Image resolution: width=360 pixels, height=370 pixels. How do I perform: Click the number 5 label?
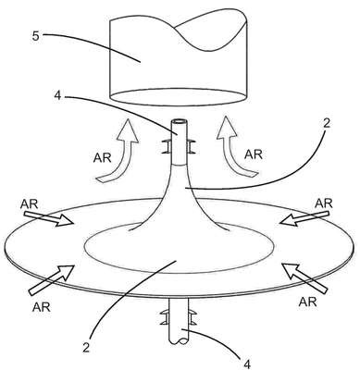(x=36, y=36)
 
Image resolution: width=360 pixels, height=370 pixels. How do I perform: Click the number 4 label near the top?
(x=58, y=96)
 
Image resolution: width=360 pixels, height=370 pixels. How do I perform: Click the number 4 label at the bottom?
(x=247, y=364)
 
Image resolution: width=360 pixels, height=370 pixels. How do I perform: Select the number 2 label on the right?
(x=327, y=123)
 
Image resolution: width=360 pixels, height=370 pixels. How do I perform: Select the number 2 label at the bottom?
(x=86, y=348)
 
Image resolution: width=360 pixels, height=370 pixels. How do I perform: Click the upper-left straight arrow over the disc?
(x=48, y=219)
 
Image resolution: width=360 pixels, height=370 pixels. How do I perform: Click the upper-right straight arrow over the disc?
(x=304, y=219)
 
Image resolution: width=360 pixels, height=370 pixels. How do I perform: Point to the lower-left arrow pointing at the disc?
(x=52, y=279)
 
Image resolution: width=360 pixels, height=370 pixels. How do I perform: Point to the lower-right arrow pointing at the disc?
(x=304, y=277)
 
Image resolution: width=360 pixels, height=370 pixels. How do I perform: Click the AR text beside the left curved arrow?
(x=102, y=158)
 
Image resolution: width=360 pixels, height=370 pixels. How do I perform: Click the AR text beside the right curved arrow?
(x=254, y=154)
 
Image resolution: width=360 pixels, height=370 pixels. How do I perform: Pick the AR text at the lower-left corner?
(x=41, y=307)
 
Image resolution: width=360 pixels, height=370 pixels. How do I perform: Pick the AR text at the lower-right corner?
(x=307, y=302)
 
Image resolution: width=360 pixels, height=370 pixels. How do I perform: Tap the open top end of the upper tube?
(x=180, y=121)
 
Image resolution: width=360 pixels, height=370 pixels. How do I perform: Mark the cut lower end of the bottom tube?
(x=180, y=341)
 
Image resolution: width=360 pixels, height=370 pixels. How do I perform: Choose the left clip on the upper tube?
(x=167, y=146)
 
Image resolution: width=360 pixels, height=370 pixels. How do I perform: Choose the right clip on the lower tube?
(x=192, y=317)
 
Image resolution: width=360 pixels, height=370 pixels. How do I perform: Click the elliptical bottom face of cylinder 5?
(x=179, y=97)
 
